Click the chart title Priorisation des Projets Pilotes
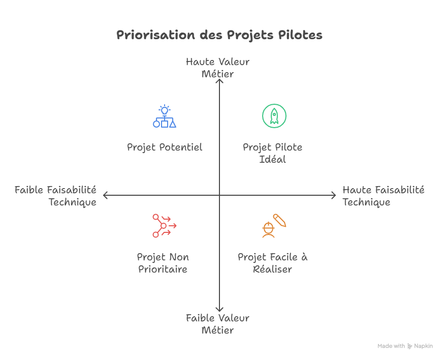[219, 35]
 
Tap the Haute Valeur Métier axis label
[217, 68]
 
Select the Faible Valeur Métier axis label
[217, 324]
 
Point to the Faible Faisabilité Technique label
[56, 196]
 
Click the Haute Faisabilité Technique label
[383, 196]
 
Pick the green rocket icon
[274, 115]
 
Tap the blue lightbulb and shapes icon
[164, 116]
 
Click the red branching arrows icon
[164, 225]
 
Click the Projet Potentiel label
[165, 147]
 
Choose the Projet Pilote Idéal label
[272, 153]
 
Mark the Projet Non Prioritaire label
[163, 263]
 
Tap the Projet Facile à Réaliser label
[272, 263]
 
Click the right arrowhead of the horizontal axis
[334, 195]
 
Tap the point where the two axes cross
[219, 195]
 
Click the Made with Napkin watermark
[405, 346]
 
